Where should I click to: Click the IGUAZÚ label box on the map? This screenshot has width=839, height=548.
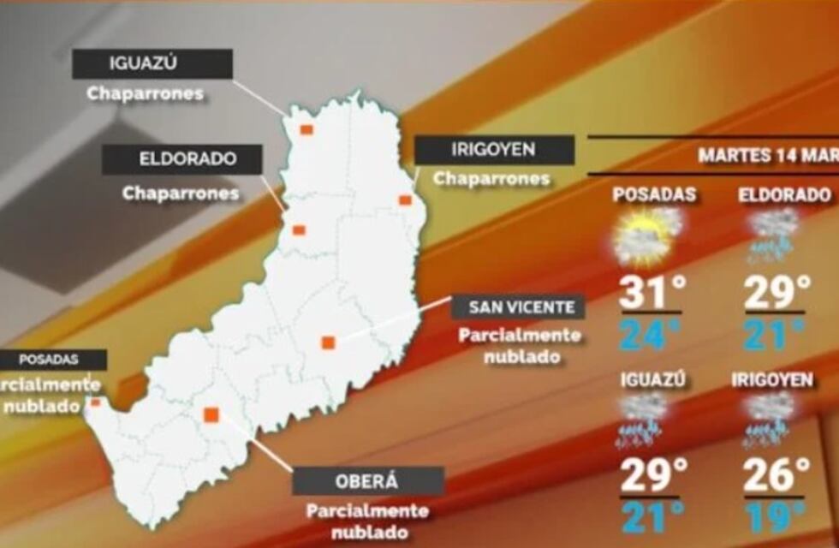tap(152, 63)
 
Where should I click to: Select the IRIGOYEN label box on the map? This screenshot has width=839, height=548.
tap(494, 150)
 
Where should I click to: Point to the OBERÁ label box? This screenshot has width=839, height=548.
tap(368, 480)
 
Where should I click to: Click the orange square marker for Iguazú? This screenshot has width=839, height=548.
tap(306, 129)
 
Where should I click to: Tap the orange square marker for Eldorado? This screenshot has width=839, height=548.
tap(299, 229)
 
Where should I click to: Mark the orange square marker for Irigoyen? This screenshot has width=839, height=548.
tap(405, 200)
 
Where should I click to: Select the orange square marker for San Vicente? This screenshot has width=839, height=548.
tap(327, 342)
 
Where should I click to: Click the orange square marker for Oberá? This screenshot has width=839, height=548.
tap(211, 415)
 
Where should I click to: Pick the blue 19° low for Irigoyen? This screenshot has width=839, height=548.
tap(774, 516)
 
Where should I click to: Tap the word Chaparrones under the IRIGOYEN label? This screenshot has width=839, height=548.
tap(491, 178)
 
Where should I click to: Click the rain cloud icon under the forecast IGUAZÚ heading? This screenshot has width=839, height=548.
tap(644, 421)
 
